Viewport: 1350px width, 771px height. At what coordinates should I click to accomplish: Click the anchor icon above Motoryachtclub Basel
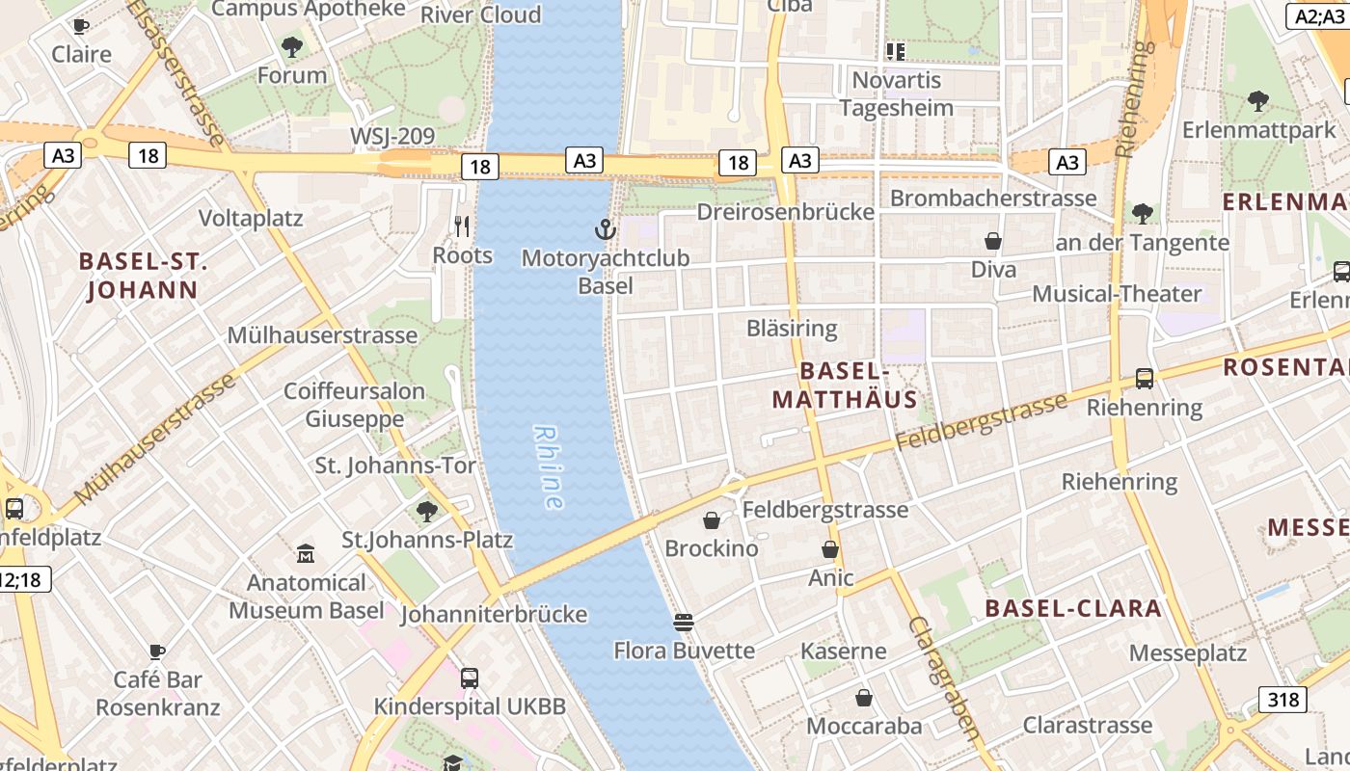pos(605,229)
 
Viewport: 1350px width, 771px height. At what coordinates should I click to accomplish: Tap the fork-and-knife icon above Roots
pos(462,226)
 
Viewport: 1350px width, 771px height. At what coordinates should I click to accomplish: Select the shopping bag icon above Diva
pos(993,241)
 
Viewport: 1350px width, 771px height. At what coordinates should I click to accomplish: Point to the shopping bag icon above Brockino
pos(712,520)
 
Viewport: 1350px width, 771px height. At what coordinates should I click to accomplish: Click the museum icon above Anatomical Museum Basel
pos(306,554)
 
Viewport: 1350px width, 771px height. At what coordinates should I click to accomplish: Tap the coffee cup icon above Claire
pos(81,26)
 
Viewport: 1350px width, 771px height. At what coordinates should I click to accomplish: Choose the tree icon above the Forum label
pos(291,46)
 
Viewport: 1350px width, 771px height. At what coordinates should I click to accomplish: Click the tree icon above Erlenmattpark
pos(1257,100)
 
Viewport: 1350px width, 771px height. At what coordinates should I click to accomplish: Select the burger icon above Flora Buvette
pos(684,623)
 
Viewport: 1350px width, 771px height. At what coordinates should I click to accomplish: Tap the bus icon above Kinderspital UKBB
pos(470,678)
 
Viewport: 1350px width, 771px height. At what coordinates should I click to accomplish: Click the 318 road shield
pos(1282,700)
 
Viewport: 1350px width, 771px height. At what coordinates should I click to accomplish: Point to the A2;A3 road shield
pos(1319,15)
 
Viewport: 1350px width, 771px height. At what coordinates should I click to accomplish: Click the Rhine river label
pos(549,467)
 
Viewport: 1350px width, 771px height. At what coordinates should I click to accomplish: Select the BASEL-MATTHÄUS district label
pos(845,385)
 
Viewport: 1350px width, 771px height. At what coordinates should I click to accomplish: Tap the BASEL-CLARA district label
pos(1073,608)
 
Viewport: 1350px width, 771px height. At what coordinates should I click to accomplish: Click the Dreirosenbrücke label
pos(785,212)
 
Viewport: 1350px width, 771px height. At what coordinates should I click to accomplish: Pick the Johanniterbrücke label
pos(494,614)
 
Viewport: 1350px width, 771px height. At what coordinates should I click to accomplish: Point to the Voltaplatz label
pos(251,219)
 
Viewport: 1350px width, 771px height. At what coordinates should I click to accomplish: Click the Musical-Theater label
pos(1117,293)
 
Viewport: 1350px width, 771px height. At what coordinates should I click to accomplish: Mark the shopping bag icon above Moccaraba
pos(864,697)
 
